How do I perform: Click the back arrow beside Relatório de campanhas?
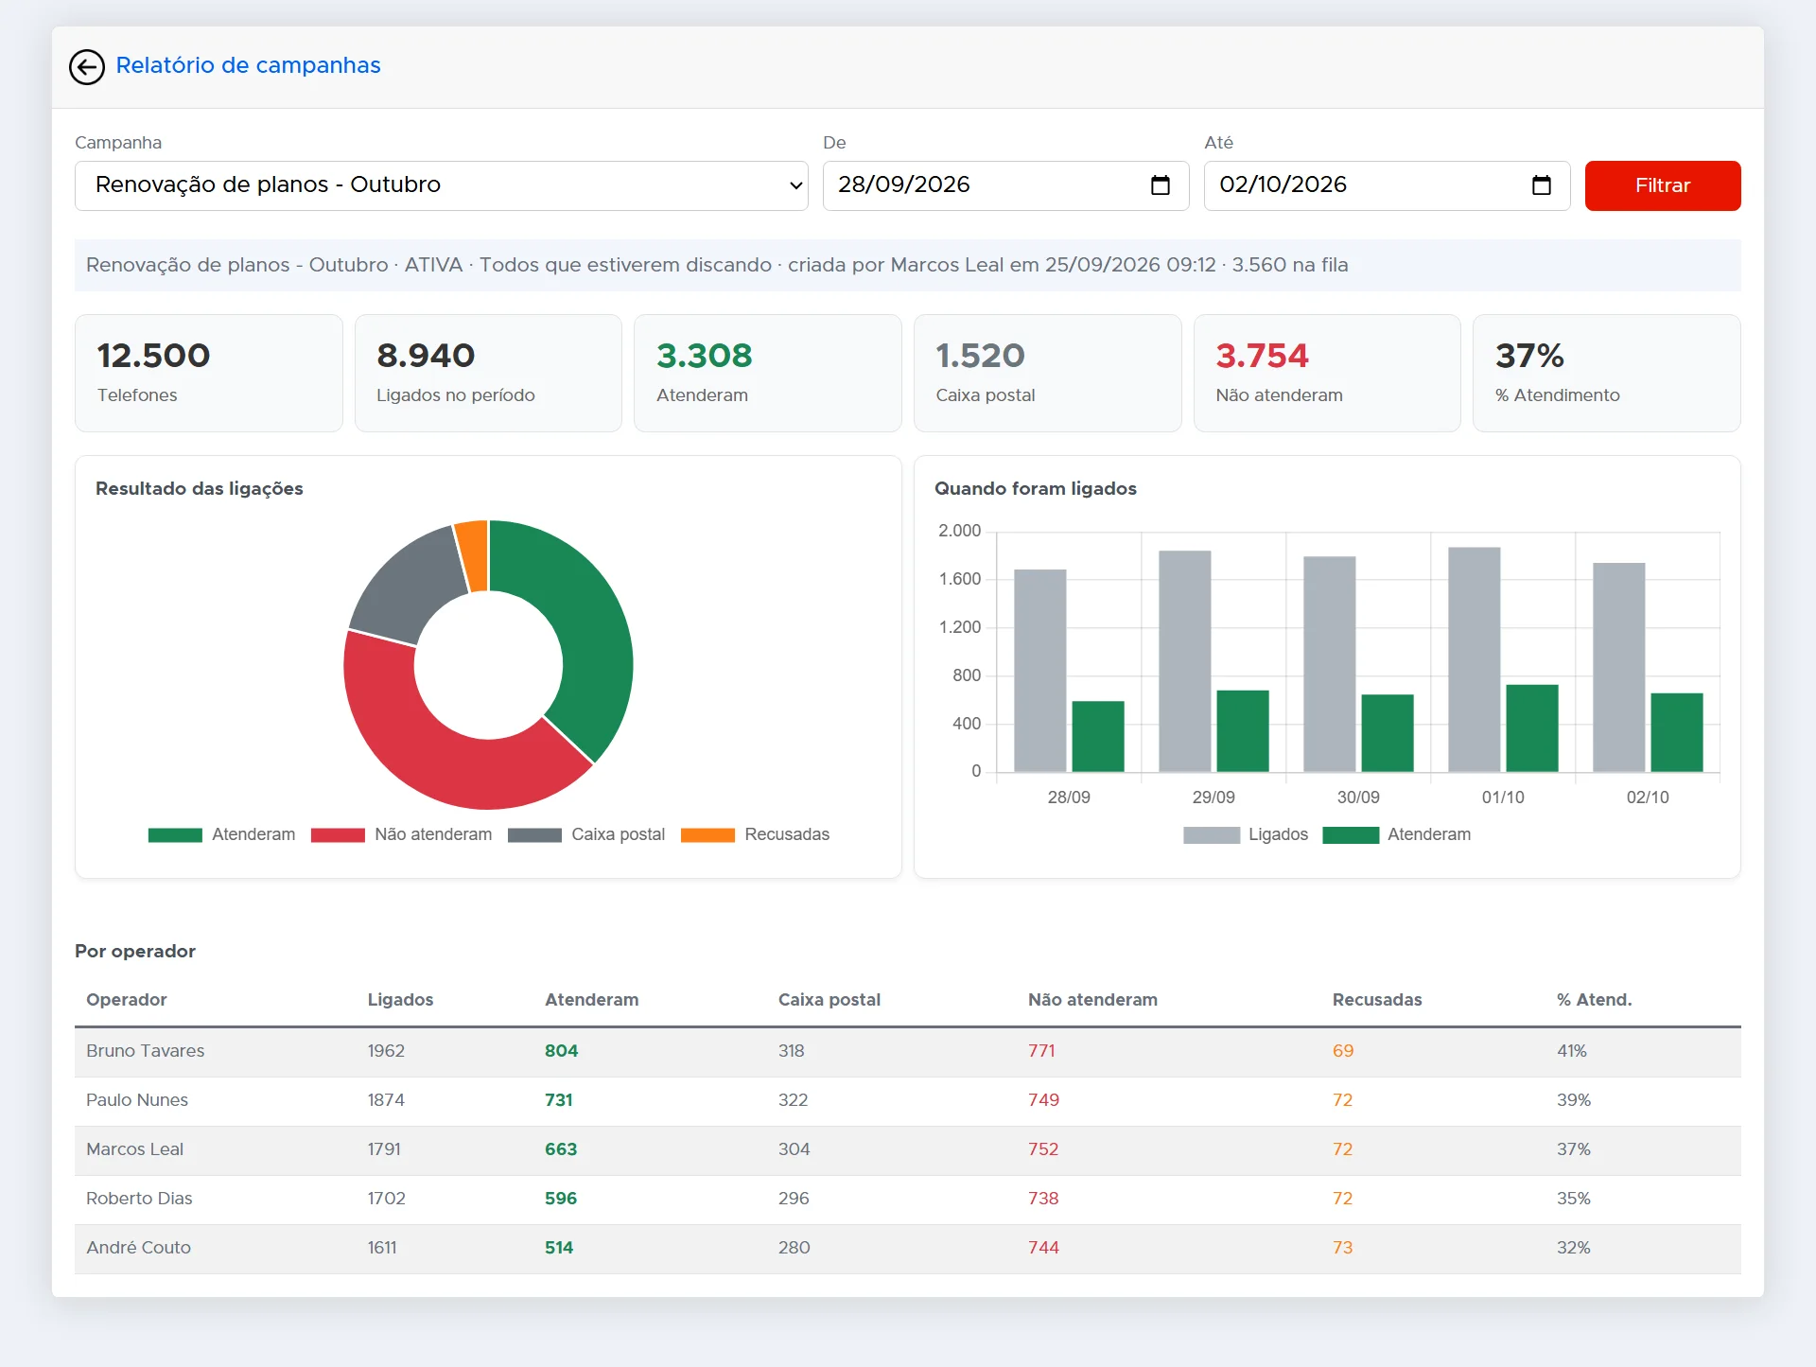coord(87,66)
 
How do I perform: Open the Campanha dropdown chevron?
coord(795,185)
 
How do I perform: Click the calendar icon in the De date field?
coord(1160,185)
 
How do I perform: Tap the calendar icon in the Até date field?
coord(1541,185)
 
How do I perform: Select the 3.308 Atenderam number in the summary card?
coord(704,356)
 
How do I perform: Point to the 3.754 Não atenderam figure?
coord(1262,356)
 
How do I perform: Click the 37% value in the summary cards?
coord(1529,356)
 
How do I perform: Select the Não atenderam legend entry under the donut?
coord(402,834)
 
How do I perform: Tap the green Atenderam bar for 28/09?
coord(1098,736)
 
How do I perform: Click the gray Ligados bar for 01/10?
coord(1474,659)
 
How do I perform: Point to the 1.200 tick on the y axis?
coord(959,627)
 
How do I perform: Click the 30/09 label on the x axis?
coord(1358,797)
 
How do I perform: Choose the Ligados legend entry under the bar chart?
coord(1246,834)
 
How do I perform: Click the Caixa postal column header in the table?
coord(829,1000)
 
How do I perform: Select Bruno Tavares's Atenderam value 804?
coord(561,1051)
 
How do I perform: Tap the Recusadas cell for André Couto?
coord(1342,1248)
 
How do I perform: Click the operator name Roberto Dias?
coord(139,1199)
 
